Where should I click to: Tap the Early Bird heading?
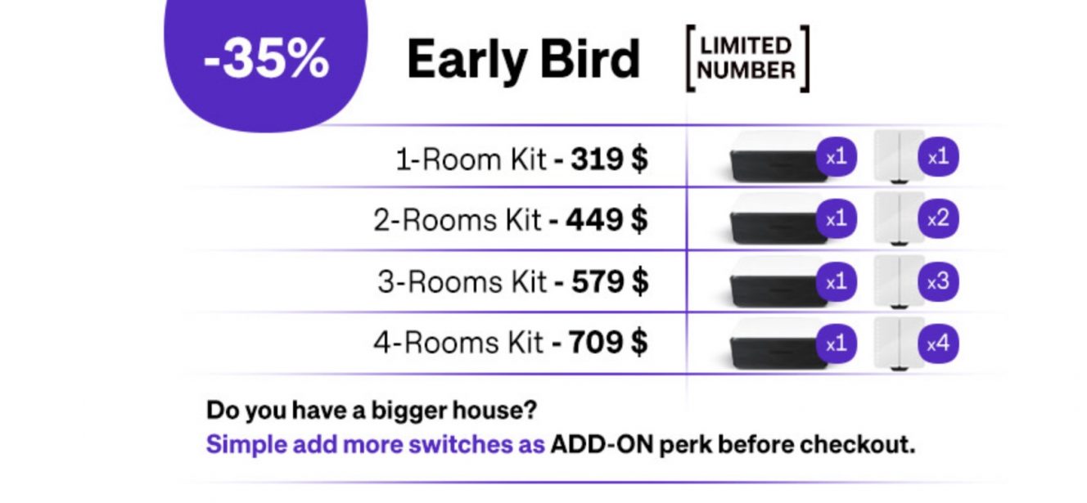524,60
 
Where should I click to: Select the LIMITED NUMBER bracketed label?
747,58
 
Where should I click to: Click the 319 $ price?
610,159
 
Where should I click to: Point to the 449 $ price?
607,219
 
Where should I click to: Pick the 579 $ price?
610,281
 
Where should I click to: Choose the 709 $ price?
608,342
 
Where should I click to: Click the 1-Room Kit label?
471,159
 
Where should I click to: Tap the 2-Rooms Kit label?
457,220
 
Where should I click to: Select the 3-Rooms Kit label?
462,282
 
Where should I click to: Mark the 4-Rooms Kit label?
458,343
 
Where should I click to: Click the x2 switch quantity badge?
938,218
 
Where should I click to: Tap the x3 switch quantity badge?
938,281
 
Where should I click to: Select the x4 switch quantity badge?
938,344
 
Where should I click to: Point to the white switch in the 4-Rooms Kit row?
900,344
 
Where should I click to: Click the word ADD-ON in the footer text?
602,444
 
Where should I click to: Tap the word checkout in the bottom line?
858,444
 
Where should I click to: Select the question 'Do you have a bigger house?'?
372,411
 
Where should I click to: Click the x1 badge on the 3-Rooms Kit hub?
836,281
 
